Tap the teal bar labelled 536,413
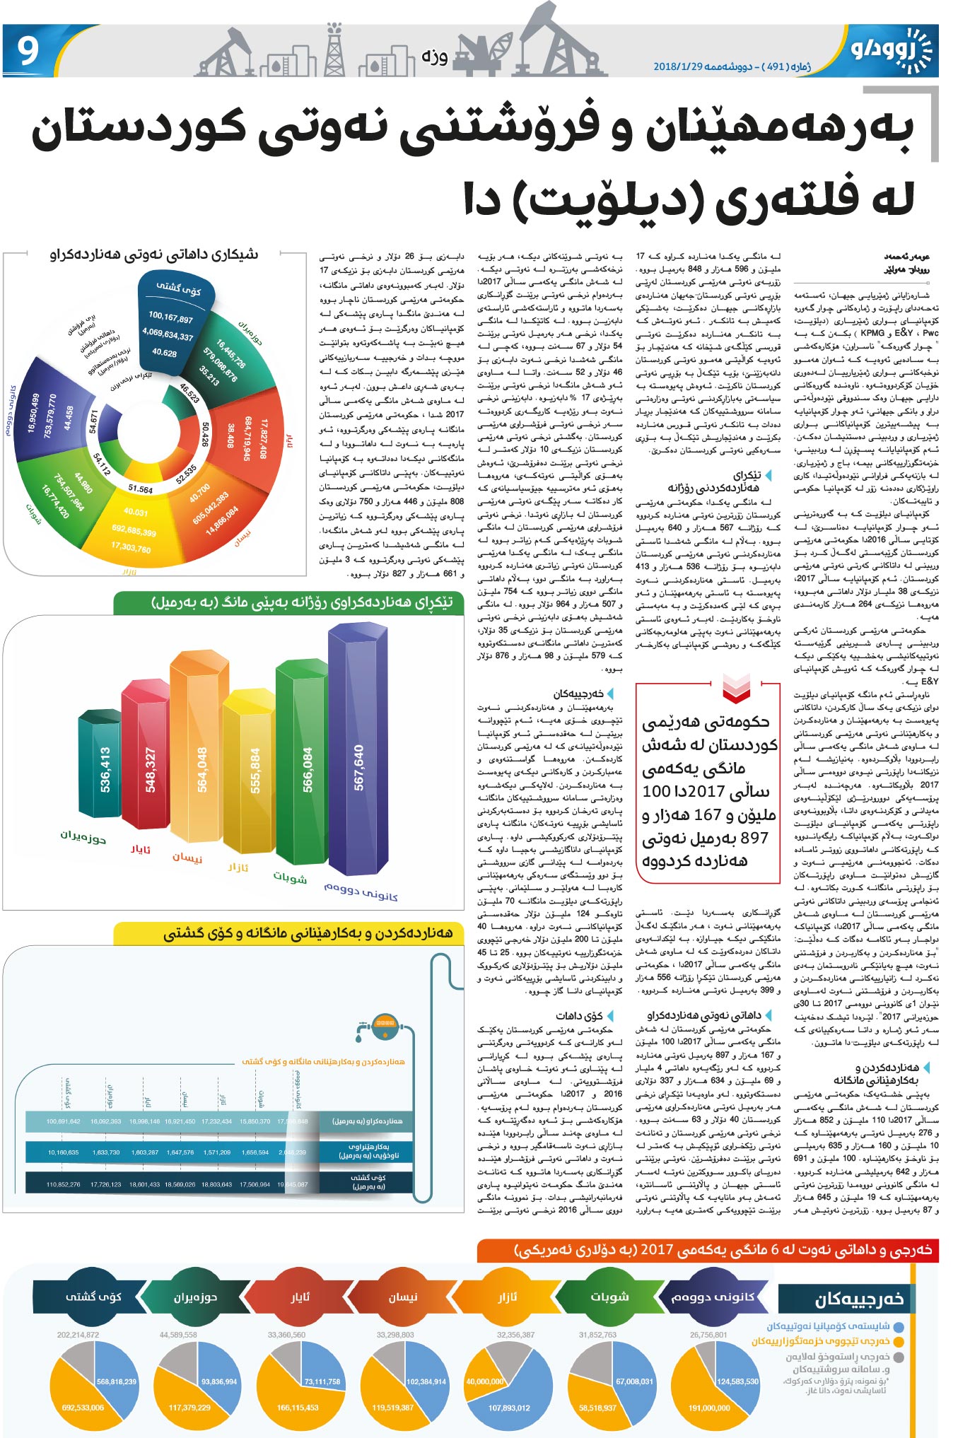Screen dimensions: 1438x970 (105, 770)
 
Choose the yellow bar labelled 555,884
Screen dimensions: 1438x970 (255, 770)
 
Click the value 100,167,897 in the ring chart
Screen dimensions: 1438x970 (170, 318)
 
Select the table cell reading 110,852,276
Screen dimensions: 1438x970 (63, 1184)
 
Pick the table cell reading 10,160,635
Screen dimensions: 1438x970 (63, 1152)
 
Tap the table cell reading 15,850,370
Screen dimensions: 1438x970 (255, 1121)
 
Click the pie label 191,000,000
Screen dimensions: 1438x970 (709, 1407)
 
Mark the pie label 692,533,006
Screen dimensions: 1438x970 (83, 1407)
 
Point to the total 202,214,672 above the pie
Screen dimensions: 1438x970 (78, 1335)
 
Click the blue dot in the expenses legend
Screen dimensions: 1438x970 (898, 1326)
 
